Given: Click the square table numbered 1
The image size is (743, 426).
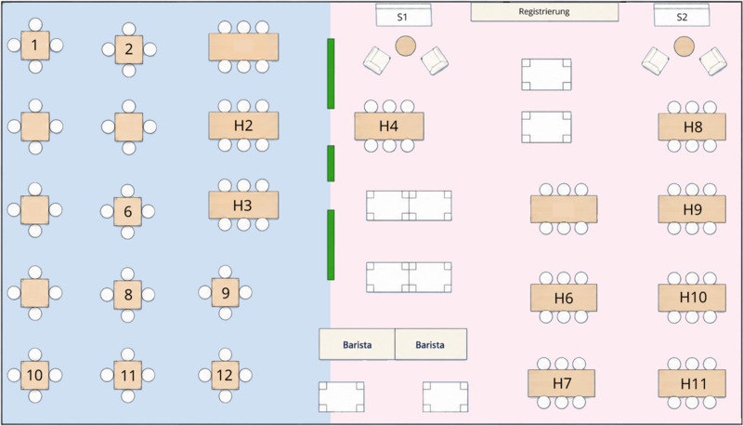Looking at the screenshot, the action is [34, 45].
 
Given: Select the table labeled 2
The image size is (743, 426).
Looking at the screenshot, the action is [129, 49].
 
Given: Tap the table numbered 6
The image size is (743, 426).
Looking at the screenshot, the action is [127, 211].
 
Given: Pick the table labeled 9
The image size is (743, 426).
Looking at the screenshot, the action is [225, 292].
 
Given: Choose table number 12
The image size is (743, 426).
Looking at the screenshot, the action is [225, 375].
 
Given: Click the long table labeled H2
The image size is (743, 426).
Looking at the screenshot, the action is [243, 126].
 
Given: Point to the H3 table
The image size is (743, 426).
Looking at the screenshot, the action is [243, 205].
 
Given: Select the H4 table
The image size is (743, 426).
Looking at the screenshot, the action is [389, 126].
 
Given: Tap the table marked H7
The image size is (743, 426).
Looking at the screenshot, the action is [562, 383].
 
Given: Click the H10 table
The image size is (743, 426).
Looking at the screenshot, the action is [692, 298].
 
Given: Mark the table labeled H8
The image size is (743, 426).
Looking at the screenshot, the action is [692, 126].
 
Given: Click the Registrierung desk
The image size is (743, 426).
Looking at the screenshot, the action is [544, 12].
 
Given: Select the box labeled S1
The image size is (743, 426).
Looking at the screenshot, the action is [404, 16].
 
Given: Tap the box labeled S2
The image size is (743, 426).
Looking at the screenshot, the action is [682, 16].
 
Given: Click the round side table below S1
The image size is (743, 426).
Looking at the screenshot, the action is [406, 46].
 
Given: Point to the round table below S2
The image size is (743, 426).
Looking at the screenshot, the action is [684, 47].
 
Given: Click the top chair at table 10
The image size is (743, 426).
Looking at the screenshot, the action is [35, 354].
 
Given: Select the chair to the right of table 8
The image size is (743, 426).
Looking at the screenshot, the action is [149, 295].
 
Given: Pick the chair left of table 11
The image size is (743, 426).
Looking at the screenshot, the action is [107, 375].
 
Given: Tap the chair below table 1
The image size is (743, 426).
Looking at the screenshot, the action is [35, 66].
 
